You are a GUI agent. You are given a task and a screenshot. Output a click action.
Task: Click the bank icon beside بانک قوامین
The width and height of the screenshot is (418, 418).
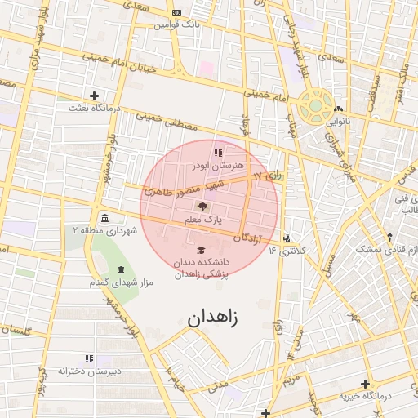177,12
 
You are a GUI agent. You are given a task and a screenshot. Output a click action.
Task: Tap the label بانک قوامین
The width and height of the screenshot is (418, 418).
177,24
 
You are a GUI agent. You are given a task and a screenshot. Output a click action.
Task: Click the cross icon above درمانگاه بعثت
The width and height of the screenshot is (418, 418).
95,96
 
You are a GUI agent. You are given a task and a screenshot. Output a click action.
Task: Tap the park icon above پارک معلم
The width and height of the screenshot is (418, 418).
202,207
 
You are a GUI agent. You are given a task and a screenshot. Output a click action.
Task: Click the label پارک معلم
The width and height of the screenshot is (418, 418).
202,220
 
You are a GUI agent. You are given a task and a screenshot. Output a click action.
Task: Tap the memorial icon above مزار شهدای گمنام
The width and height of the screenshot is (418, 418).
121,269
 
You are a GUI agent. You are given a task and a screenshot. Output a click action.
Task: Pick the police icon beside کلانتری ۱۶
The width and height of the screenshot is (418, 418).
287,239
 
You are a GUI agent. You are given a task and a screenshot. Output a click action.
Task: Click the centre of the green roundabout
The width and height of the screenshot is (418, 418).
315,106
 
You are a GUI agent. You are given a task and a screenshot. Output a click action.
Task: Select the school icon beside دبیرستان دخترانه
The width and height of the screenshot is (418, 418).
89,358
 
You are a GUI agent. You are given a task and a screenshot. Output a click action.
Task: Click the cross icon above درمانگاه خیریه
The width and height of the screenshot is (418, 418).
365,384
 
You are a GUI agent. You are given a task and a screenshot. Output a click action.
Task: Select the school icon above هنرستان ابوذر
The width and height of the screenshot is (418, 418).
216,152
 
